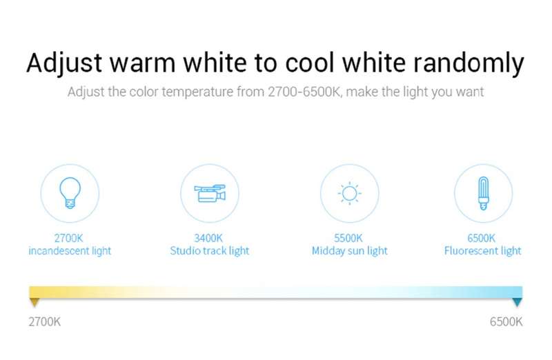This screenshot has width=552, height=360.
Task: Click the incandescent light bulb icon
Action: click(x=70, y=192)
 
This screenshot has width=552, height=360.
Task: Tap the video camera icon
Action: click(x=210, y=193)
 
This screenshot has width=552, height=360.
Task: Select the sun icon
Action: click(x=349, y=193)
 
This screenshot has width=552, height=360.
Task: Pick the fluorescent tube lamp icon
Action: click(x=484, y=193)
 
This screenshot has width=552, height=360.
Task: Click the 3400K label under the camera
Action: click(x=208, y=238)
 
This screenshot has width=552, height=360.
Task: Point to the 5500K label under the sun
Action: click(x=348, y=238)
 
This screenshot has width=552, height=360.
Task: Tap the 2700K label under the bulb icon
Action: click(x=68, y=238)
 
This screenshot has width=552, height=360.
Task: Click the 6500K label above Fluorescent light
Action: click(x=481, y=238)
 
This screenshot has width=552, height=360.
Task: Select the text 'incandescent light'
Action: click(x=70, y=251)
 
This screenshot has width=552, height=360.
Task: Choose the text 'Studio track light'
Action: click(x=210, y=251)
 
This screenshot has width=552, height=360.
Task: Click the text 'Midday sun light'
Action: click(x=350, y=251)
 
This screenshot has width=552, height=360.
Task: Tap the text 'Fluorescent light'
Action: click(x=482, y=251)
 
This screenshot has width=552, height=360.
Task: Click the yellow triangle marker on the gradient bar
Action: click(x=34, y=302)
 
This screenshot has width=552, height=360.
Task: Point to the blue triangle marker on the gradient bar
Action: click(x=517, y=302)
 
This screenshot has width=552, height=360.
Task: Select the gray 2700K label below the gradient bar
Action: click(x=45, y=321)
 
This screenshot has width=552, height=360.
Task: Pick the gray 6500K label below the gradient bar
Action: click(x=506, y=321)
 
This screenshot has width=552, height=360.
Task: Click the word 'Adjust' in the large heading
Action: click(x=64, y=64)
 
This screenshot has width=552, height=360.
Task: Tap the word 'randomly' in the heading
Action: click(x=469, y=64)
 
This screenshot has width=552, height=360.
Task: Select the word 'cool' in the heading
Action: click(x=310, y=63)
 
